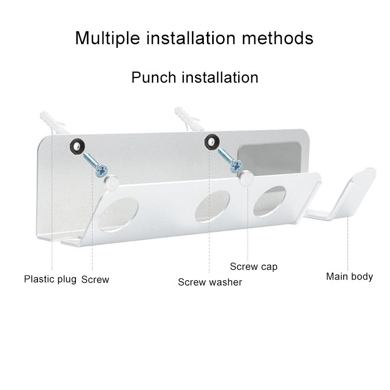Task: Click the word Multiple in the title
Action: click(108, 38)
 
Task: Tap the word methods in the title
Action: click(278, 38)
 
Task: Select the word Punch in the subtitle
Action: click(154, 77)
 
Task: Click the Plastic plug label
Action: click(50, 279)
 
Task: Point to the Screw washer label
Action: click(210, 282)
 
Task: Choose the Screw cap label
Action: click(253, 267)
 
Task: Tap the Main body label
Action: click(349, 277)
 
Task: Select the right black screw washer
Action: click(212, 142)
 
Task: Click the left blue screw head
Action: click(102, 171)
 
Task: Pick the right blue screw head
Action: click(237, 166)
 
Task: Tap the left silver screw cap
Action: click(111, 183)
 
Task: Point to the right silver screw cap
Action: click(246, 178)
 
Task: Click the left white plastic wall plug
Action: click(53, 122)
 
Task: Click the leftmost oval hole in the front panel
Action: click(119, 215)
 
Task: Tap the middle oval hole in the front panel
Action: click(212, 206)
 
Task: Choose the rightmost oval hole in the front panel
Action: click(269, 201)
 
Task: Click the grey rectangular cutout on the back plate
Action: click(269, 159)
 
